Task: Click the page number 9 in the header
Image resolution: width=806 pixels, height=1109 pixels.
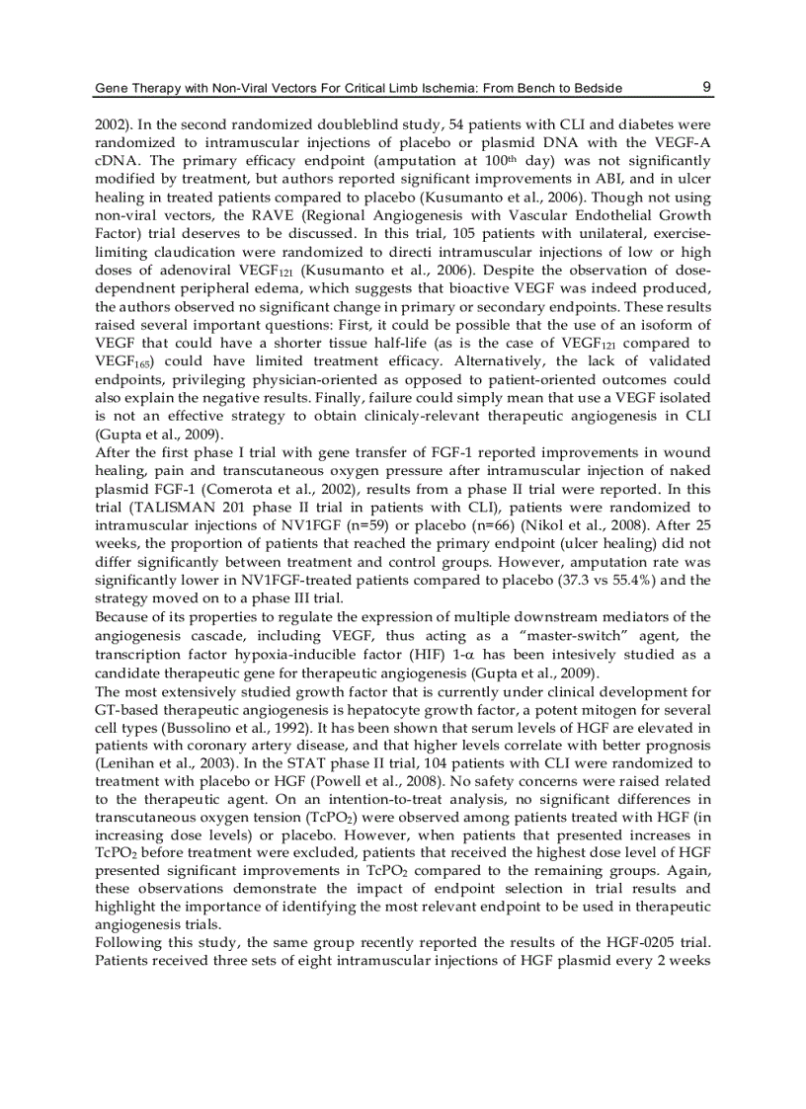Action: pyautogui.click(x=706, y=87)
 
